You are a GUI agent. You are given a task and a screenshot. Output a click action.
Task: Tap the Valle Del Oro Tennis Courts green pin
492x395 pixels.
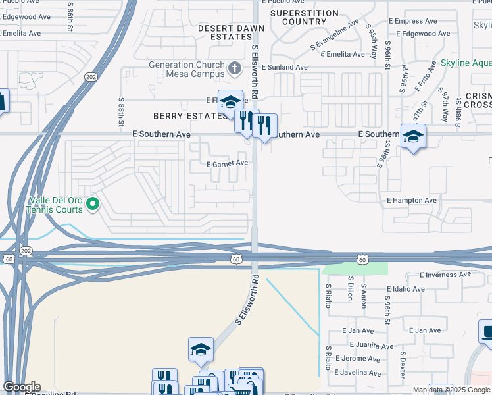point(93,204)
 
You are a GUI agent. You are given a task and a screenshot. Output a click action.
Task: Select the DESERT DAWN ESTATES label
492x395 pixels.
point(232,33)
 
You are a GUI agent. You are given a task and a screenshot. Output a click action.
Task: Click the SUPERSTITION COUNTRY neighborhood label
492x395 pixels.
point(305,18)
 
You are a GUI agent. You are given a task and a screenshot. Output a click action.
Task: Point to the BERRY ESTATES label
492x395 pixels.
point(190,116)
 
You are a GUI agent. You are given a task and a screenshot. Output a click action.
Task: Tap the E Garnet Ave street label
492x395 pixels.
point(227,163)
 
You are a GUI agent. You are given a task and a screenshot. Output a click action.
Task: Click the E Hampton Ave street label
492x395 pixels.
point(412,200)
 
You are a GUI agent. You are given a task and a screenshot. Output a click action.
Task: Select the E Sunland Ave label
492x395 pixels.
point(284,67)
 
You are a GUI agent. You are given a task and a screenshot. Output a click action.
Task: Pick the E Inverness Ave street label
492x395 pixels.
point(445,274)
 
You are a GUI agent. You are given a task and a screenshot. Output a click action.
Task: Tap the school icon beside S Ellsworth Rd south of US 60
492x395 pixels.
point(201,350)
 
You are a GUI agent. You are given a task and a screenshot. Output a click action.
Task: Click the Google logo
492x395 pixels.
point(22,387)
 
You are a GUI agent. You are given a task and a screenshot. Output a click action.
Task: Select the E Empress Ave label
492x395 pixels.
point(413,21)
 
